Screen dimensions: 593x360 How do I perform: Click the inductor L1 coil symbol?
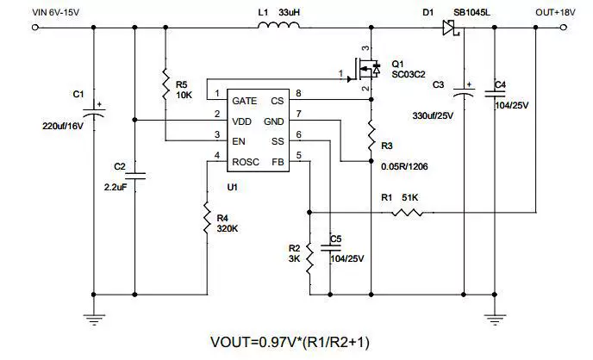point(278,25)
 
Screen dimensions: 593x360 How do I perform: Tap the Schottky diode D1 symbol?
point(451,28)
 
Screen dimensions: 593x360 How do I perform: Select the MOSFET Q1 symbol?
point(365,69)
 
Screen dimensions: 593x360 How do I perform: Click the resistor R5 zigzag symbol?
point(165,84)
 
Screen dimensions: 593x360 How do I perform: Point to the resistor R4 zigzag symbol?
point(207,218)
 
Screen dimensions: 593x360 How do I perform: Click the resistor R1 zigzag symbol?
point(408,213)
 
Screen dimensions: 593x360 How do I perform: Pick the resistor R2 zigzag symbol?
point(309,258)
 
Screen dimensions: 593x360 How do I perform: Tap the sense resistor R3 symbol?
point(371,135)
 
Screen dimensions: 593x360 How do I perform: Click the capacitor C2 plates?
point(134,176)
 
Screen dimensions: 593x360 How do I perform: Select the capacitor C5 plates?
point(330,248)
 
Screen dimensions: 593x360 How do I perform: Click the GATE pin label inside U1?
point(244,101)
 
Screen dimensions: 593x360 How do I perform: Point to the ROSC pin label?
point(246,162)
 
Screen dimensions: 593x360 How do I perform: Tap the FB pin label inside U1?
point(278,162)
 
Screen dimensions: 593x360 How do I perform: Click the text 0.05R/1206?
point(404,166)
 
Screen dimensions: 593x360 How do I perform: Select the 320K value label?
point(228,228)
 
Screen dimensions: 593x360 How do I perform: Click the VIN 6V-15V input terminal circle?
point(35,28)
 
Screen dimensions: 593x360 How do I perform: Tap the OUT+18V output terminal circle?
point(564,28)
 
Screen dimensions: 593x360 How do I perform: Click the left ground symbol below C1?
point(94,320)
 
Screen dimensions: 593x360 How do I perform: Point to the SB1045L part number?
point(471,12)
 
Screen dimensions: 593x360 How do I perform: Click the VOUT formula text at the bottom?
point(290,342)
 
